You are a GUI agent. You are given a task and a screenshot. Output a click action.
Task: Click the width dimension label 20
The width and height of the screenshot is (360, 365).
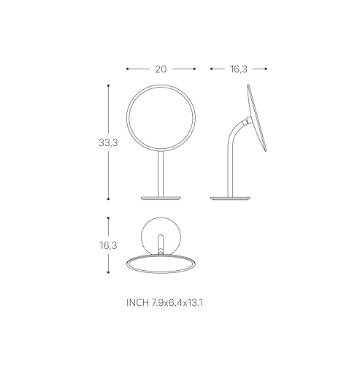tap(161, 69)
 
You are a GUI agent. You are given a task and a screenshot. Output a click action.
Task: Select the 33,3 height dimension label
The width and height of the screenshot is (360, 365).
tap(108, 142)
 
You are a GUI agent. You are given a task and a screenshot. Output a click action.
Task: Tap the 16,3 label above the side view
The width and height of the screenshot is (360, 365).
tap(239, 69)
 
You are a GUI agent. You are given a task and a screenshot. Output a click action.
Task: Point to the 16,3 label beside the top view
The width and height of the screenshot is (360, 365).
tap(108, 245)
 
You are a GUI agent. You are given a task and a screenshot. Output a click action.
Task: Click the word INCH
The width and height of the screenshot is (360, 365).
tap(137, 303)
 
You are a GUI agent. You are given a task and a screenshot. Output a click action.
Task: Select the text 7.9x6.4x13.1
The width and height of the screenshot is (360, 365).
tap(177, 303)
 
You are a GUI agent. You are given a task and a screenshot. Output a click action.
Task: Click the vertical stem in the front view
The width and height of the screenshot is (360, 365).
tap(161, 174)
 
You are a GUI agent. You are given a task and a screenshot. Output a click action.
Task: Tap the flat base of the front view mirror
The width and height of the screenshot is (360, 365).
tap(161, 198)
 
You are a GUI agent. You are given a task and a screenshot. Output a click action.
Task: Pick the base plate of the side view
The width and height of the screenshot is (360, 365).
tap(230, 198)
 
